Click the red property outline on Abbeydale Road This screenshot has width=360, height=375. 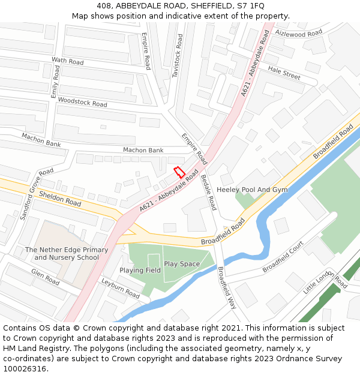178,172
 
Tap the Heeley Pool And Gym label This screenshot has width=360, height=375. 252,190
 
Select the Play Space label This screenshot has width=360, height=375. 182,264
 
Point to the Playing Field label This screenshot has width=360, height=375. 140,271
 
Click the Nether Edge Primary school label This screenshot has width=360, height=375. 67,254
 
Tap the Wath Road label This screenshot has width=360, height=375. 68,61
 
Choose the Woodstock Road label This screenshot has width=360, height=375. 83,103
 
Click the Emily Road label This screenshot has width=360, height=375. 55,83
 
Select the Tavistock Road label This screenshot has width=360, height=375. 178,55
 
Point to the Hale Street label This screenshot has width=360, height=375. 284,73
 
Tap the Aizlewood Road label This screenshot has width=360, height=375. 298,34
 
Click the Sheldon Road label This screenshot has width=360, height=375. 60,199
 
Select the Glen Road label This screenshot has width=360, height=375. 45,276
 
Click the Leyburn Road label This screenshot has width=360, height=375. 121,289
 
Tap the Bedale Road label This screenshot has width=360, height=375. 208,192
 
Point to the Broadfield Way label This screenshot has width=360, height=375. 227,287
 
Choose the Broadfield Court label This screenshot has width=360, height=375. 283,257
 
